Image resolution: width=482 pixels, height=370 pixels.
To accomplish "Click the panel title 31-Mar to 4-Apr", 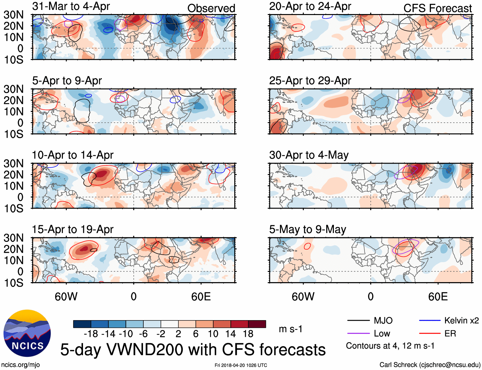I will [71, 6].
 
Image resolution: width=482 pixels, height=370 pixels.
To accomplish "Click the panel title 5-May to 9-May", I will [307, 229].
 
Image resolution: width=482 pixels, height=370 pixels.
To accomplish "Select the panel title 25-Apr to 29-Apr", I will [310, 81].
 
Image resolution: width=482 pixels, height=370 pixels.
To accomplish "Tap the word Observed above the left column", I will [211, 8].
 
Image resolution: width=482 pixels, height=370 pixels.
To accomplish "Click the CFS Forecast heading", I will [437, 8].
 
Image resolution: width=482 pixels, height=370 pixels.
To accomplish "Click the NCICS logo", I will [27, 333].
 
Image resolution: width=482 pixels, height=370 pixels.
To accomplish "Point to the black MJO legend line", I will [358, 320].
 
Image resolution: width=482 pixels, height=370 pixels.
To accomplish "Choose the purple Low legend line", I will [358, 334].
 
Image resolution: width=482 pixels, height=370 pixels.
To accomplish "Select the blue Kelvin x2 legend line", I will [430, 320].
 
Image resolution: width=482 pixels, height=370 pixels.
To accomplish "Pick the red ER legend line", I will [430, 334].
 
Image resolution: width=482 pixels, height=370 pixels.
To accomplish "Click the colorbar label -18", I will [91, 334].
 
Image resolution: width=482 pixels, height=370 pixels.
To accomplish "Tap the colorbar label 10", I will [213, 334].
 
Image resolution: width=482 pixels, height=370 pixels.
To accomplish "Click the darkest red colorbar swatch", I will [257, 324].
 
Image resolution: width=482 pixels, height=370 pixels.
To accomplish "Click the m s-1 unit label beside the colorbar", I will [290, 329].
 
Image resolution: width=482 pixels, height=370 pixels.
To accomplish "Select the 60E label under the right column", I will [438, 297].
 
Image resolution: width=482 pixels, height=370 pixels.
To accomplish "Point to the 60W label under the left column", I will [66, 297].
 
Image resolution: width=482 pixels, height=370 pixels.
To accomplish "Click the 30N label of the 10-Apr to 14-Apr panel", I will [13, 164].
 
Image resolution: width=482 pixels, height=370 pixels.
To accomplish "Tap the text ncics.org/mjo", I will [20, 365].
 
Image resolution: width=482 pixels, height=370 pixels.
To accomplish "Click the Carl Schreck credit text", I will [430, 365].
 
